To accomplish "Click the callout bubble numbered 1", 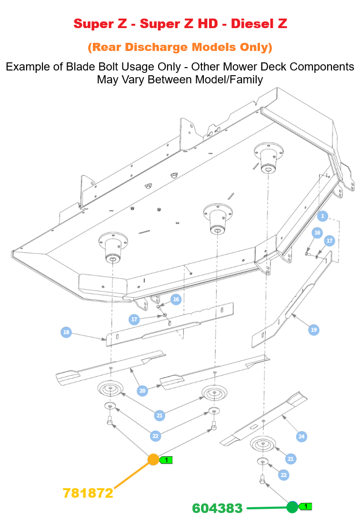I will coord(322,216).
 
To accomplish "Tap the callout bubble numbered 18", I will coord(66,332).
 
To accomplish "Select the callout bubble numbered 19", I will coord(313,330).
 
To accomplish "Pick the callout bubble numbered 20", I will coord(142,391).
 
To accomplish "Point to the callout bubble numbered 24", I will coord(301,436).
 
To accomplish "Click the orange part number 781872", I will coord(88,493).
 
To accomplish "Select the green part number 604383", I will coord(217,508).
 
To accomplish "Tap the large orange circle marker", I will coord(153,460).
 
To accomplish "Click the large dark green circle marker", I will coord(292,507).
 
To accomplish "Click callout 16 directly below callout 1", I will coord(318,232).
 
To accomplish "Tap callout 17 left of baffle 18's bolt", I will coord(134,319).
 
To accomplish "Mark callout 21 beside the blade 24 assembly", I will coord(290,459).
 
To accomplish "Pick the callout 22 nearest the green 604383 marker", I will coord(283,475).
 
